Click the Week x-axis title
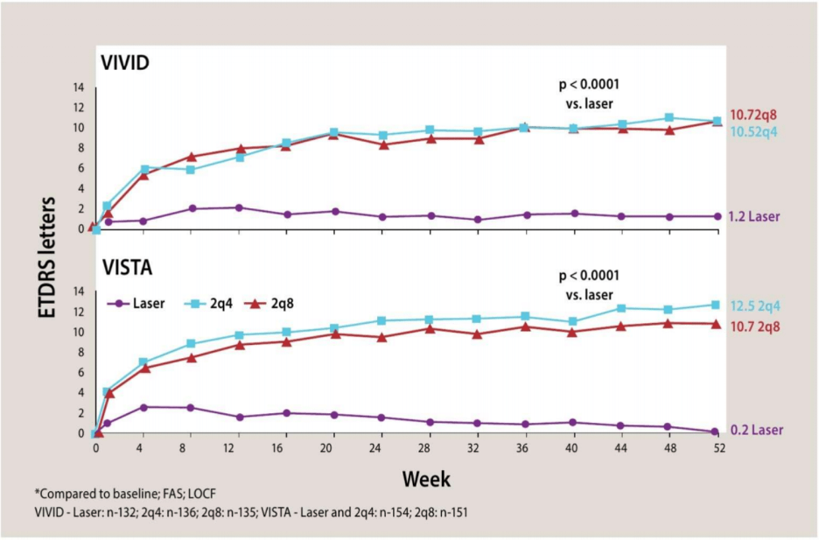tap(426, 479)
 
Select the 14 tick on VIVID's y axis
tap(79, 88)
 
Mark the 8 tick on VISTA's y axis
tap(81, 352)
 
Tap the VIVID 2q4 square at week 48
tap(669, 118)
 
